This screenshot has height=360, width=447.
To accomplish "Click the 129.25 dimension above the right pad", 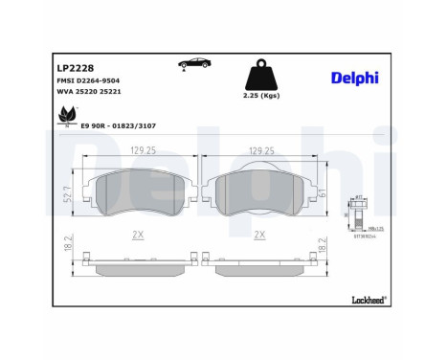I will [x=262, y=151].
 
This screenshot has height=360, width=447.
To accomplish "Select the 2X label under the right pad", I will [x=259, y=235].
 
